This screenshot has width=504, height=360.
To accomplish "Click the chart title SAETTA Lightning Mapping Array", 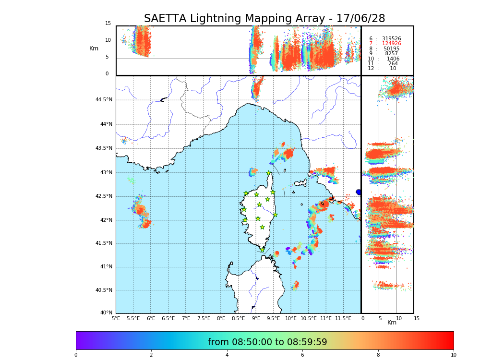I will coord(264,19).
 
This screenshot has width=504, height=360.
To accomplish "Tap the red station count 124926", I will coord(391,44).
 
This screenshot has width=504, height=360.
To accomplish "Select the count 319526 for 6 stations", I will coord(391,38).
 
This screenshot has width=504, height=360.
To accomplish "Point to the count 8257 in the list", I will coord(391,54).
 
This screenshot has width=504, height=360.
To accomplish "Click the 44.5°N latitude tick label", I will coord(103,100).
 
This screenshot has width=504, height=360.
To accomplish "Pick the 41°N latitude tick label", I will coord(105,267).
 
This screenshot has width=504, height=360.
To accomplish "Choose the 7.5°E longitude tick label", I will coord(204,318).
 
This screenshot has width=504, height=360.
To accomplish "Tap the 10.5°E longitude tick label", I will coord(309,318).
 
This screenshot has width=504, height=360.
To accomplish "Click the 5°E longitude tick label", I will coord(116,318).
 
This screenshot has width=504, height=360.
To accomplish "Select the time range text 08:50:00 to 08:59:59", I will coord(267,342).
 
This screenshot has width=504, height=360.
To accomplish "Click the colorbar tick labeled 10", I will coord(453,355).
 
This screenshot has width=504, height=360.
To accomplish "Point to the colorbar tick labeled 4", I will coord(227,355).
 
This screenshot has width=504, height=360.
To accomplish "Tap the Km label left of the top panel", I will coord(94,48).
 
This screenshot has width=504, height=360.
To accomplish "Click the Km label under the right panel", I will coord(392,323).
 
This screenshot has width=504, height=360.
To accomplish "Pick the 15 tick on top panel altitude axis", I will coord(108,24).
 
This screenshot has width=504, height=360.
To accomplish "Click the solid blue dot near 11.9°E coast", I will coord(359,192).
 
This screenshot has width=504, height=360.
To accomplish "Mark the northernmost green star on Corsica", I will coord(269,173).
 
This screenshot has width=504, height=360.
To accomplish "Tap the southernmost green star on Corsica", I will coord(262,250).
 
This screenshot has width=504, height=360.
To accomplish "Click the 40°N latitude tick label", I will coord(105,313).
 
